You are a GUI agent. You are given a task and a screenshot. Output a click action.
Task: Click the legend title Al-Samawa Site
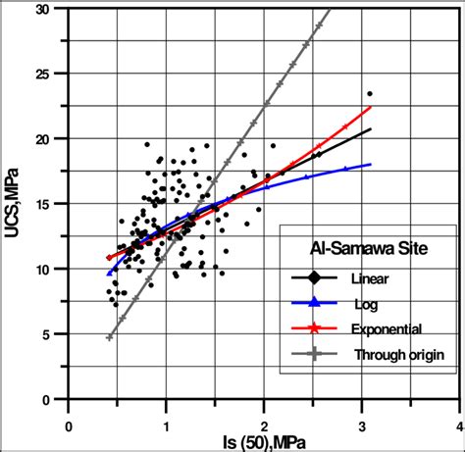(369, 247)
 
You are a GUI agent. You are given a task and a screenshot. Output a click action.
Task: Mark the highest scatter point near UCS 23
(370, 94)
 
